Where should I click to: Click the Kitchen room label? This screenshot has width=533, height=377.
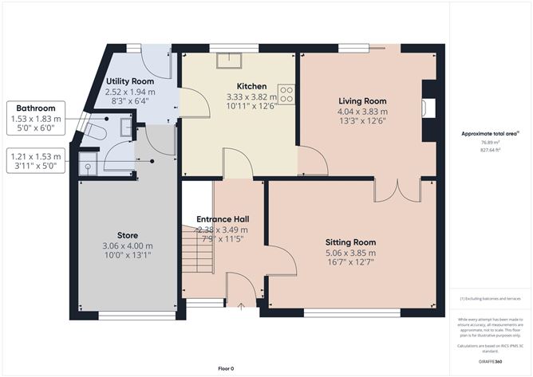[240, 85]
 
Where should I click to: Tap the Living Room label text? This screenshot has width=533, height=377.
[362, 101]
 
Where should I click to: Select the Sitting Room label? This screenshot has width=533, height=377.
[350, 242]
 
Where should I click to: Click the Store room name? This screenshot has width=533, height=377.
[128, 235]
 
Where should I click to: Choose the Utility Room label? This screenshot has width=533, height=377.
[130, 82]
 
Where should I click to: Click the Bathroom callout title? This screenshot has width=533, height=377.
[36, 108]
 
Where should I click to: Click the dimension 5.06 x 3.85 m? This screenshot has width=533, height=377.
[350, 253]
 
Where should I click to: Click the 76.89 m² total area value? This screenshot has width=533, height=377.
[490, 142]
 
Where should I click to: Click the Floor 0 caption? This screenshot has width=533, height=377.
[227, 368]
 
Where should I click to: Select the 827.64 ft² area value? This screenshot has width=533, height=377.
[490, 150]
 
